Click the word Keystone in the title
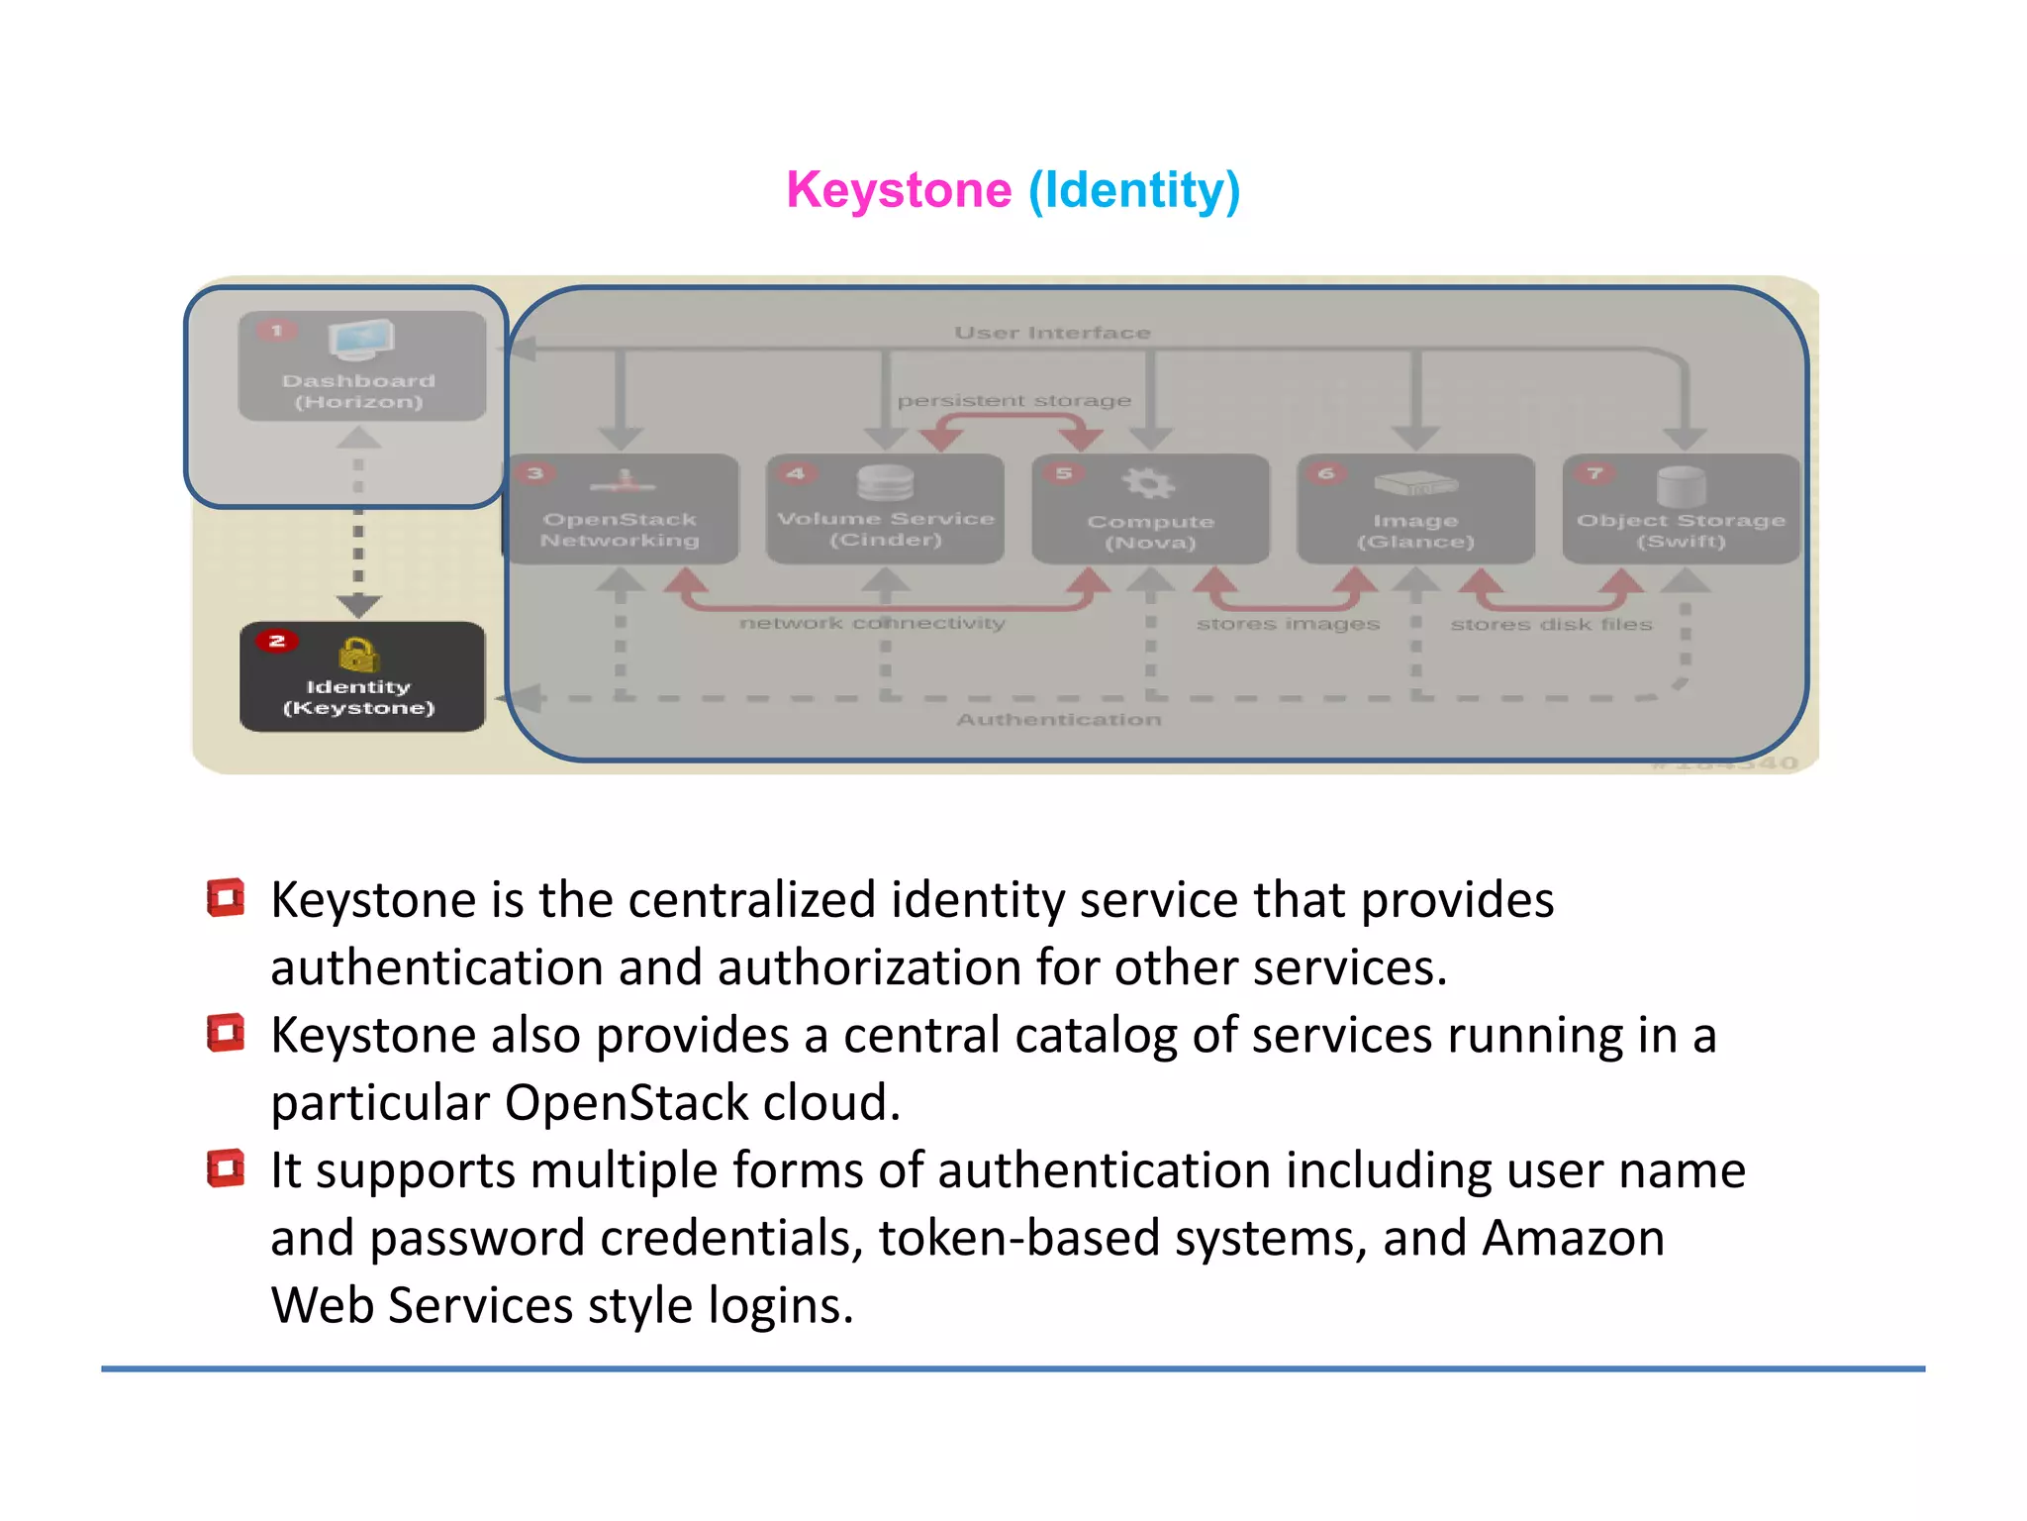click(899, 189)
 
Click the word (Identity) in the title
click(1134, 189)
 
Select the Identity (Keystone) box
click(362, 677)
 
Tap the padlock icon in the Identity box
click(358, 655)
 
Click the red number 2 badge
click(276, 641)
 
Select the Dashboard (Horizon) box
click(361, 366)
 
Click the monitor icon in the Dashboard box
click(361, 340)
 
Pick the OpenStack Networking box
click(622, 510)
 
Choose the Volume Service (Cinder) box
click(886, 510)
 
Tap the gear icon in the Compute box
click(1148, 483)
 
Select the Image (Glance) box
click(1415, 510)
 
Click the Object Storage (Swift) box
click(1681, 510)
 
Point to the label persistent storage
click(1013, 401)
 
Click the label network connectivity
click(872, 623)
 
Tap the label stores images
click(1288, 624)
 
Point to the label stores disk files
click(1551, 625)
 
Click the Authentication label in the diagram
click(1058, 720)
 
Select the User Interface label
click(1052, 333)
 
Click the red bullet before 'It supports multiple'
click(226, 1167)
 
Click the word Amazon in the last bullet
click(1573, 1238)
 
